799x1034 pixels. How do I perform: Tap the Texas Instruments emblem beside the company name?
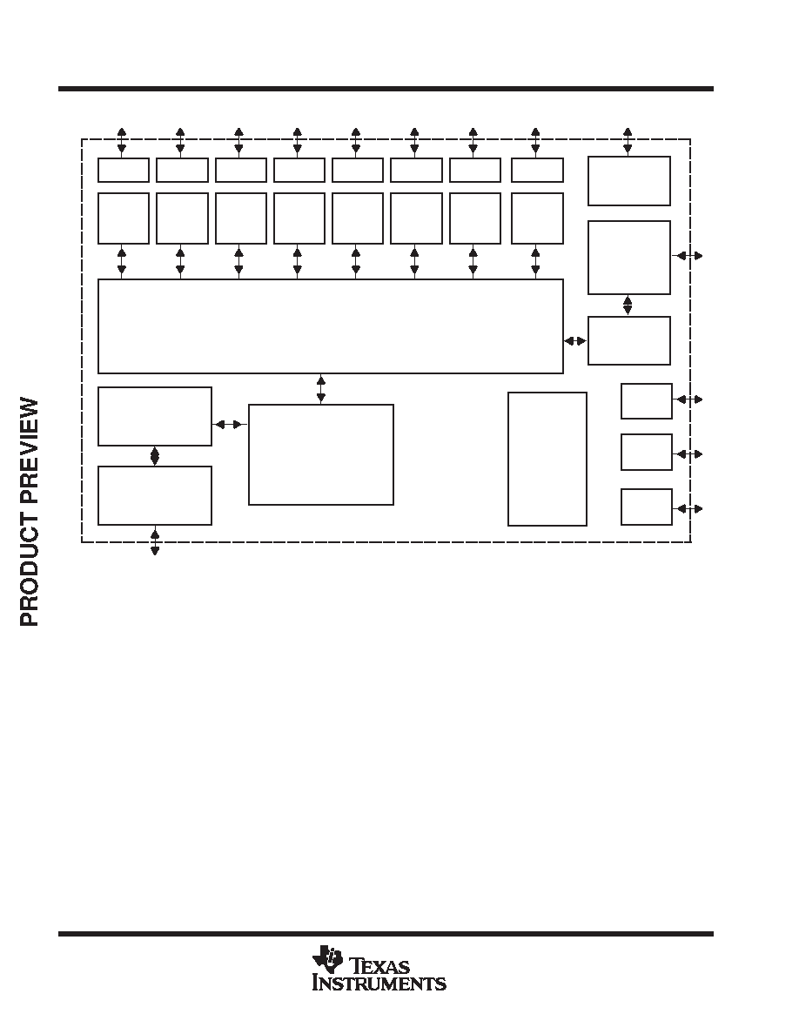point(327,959)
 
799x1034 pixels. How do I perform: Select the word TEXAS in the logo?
point(379,967)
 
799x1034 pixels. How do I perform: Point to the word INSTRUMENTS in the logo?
point(379,984)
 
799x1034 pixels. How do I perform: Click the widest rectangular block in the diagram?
point(330,326)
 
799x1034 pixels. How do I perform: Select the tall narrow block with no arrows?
point(547,459)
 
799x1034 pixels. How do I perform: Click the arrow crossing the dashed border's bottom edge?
point(155,540)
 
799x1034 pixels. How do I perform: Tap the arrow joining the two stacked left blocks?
point(155,456)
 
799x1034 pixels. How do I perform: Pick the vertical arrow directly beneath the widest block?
point(321,389)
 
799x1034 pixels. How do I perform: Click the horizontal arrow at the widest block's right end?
point(575,341)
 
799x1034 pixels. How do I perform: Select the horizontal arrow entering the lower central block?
point(230,424)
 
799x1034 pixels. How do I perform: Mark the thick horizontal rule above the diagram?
point(386,89)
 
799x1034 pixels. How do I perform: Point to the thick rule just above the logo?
point(386,934)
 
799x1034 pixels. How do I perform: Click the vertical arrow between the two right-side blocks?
point(628,305)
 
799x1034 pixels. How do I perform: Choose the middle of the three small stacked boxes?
point(647,453)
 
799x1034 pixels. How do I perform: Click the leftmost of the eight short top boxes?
point(124,170)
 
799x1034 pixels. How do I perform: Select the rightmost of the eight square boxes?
point(537,218)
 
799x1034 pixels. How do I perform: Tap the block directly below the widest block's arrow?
point(321,455)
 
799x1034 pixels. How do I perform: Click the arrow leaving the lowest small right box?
point(688,508)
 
